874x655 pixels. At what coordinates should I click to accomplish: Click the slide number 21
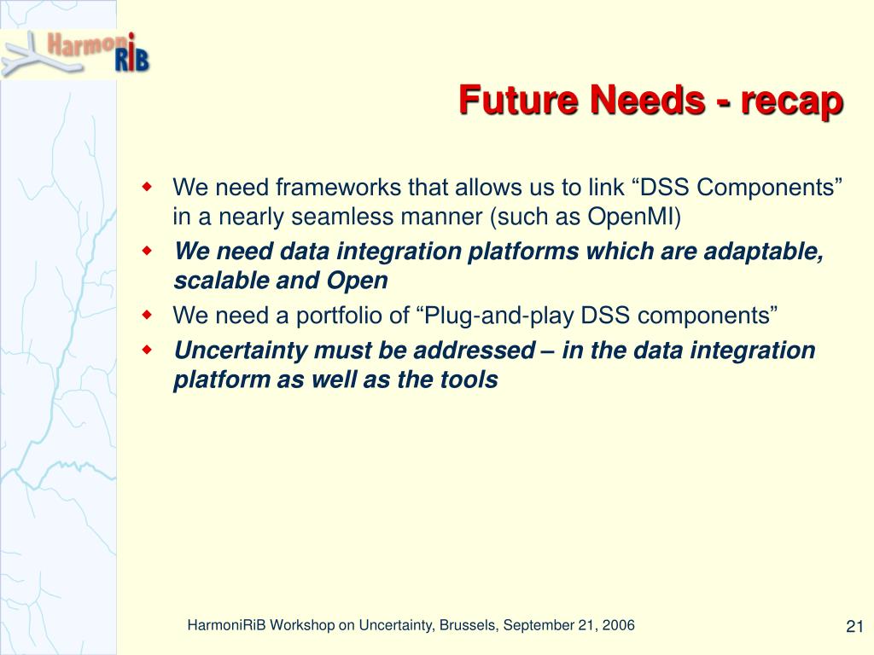coord(854,627)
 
